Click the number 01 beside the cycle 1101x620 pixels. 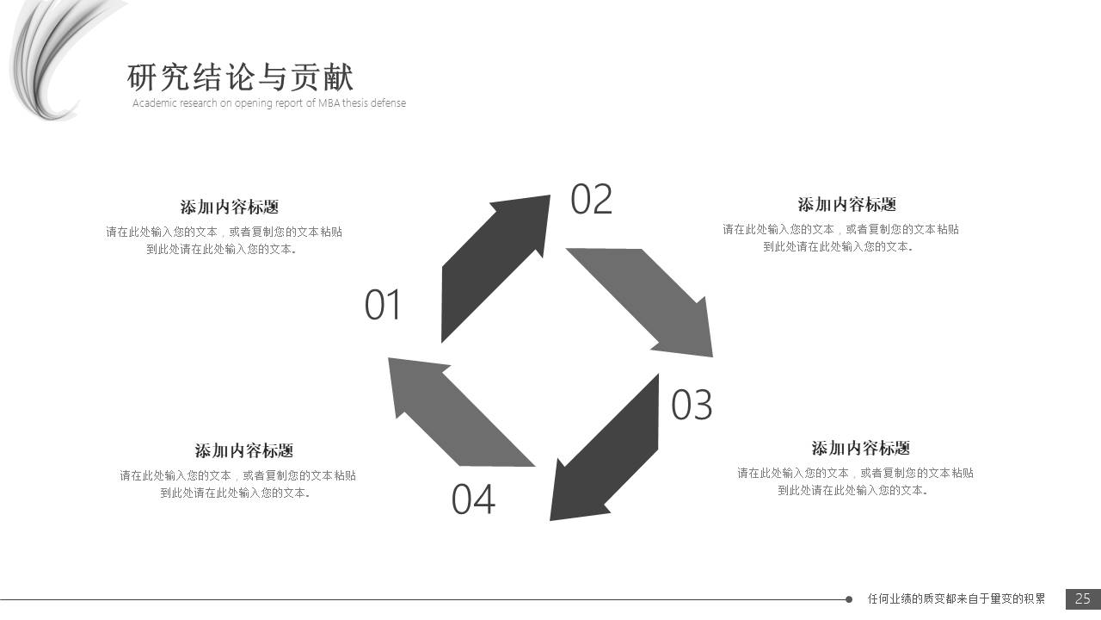(x=383, y=306)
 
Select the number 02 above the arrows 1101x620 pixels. (x=591, y=200)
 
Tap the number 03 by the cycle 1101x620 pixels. (x=692, y=406)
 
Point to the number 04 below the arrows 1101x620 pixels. (x=473, y=499)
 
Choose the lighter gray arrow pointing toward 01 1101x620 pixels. (x=452, y=409)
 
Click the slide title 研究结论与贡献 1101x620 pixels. (x=240, y=77)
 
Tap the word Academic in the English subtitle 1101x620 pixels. (x=154, y=103)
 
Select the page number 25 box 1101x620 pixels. (x=1083, y=598)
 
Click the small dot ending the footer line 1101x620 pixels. (x=849, y=599)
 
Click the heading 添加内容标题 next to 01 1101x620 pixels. (x=230, y=207)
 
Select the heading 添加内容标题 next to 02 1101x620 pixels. (x=846, y=204)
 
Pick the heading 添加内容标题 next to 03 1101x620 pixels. (x=860, y=448)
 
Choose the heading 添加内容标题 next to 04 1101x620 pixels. (x=243, y=450)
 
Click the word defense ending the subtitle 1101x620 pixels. (x=388, y=103)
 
